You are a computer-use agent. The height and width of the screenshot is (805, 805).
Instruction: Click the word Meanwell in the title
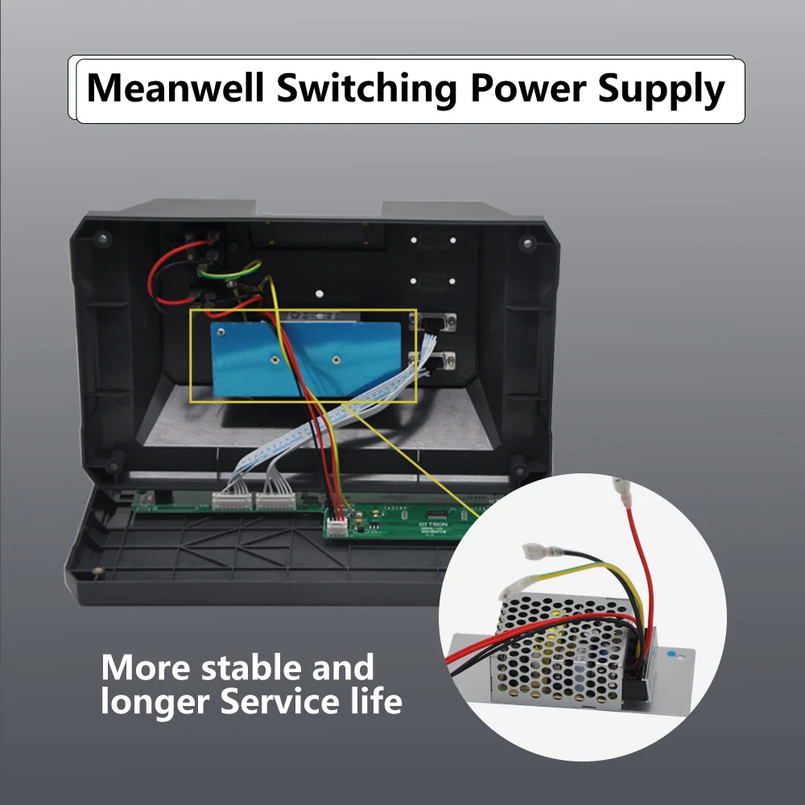click(175, 89)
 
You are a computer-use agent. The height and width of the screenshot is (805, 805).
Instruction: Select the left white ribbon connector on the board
click(231, 501)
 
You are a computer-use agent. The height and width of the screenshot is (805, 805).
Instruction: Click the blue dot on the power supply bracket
click(675, 656)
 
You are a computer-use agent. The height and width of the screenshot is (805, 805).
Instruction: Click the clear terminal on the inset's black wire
click(535, 552)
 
